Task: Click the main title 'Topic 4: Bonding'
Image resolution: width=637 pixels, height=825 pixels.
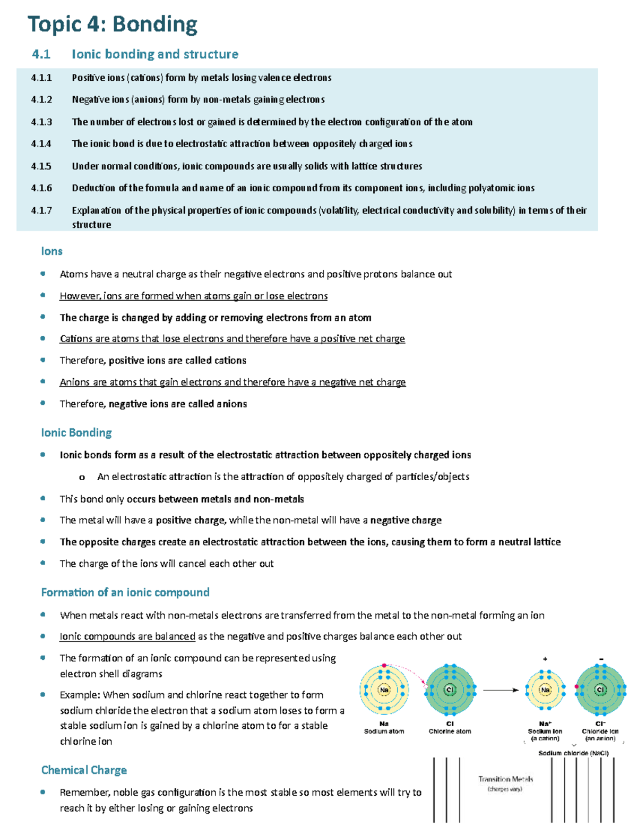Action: point(112,24)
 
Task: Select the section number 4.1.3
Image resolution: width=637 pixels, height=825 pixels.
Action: point(41,122)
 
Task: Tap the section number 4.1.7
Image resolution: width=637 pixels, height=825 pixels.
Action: point(41,210)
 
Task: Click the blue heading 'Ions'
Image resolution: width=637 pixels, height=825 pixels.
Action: point(51,251)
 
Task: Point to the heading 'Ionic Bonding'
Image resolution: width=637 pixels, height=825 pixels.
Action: point(76,432)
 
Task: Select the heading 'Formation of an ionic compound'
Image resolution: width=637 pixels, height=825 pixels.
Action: point(125,592)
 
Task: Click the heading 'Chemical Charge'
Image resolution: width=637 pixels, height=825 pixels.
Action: point(84,770)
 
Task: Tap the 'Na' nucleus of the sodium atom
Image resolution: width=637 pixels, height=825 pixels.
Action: point(384,690)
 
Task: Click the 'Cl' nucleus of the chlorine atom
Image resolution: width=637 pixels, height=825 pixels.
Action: point(450,690)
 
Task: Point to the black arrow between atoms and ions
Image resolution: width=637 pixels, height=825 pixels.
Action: point(501,690)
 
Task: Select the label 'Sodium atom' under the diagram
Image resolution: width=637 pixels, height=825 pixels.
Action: point(384,732)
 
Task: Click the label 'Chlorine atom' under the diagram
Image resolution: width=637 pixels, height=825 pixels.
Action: point(450,732)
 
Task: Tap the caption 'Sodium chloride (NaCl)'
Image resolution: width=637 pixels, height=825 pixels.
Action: point(573,753)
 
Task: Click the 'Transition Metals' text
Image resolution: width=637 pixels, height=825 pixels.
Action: point(505,779)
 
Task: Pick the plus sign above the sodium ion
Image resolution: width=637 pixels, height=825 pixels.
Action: point(545,659)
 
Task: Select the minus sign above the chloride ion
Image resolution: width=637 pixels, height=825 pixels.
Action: point(601,659)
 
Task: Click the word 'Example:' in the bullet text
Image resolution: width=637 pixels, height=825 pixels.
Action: point(80,695)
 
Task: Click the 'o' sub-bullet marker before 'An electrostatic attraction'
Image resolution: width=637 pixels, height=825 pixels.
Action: point(82,477)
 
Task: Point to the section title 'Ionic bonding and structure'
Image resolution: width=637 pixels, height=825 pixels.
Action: point(154,54)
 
